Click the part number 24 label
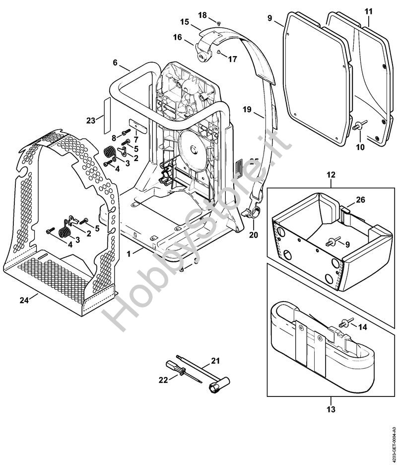[x=24, y=300]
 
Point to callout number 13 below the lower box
[x=331, y=409]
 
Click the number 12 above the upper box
[x=331, y=175]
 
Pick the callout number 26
[x=361, y=201]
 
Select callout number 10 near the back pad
[x=360, y=147]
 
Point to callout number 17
[x=233, y=59]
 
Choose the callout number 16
[x=177, y=37]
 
